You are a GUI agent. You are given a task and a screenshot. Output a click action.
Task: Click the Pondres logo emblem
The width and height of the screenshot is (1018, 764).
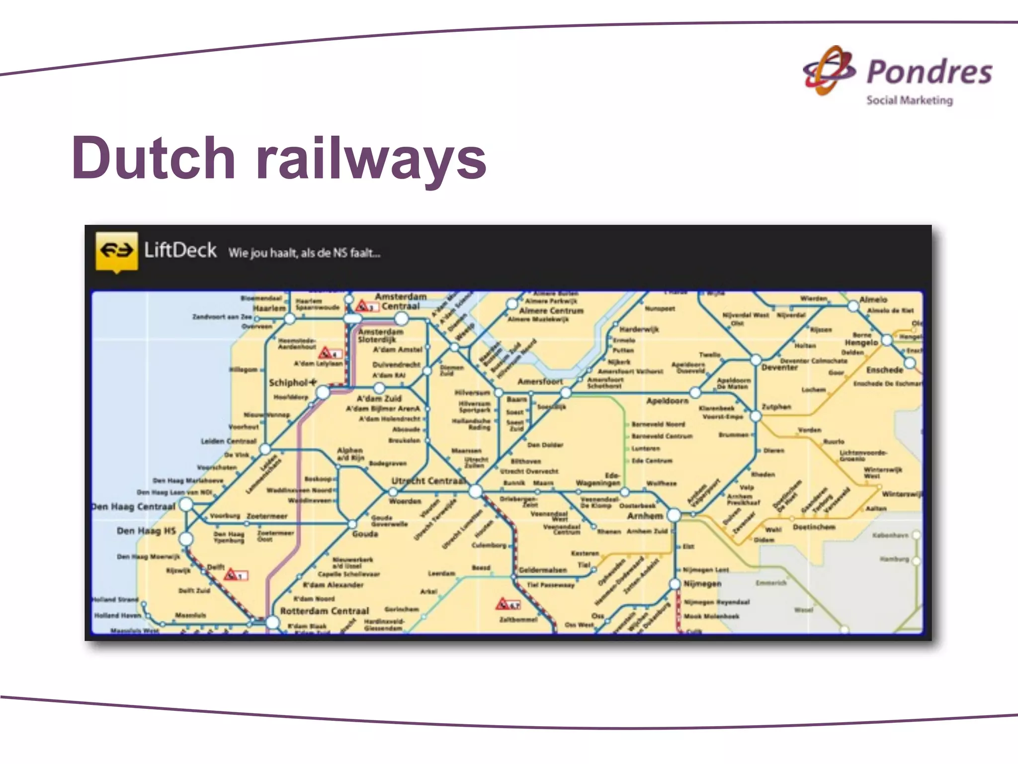pos(829,71)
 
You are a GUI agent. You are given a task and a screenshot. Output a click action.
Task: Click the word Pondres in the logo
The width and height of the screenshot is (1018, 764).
pos(930,72)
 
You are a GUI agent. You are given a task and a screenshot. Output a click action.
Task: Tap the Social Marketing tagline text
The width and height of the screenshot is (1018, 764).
pos(910,100)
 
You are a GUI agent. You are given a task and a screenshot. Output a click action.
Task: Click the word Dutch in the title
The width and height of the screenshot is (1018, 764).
pos(154,158)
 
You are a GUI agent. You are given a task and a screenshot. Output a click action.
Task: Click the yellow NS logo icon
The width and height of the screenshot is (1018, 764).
pos(116,251)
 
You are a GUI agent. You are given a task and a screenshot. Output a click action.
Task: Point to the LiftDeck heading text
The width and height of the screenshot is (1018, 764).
pos(180,250)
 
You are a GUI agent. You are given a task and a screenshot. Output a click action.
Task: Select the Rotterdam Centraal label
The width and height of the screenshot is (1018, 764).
pos(325,611)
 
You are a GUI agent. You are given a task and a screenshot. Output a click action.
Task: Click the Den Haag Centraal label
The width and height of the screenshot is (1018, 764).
pos(134,507)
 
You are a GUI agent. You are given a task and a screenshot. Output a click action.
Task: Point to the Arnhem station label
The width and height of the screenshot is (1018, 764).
pos(645,516)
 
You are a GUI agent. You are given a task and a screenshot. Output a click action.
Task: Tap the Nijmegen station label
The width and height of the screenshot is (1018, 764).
pos(702,583)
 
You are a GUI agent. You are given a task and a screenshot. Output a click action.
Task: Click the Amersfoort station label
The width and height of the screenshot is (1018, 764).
pos(540,382)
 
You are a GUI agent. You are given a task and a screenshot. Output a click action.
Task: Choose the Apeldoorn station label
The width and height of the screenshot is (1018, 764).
pos(667,401)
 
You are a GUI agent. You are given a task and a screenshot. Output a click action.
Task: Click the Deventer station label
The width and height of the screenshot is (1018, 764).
pos(779,368)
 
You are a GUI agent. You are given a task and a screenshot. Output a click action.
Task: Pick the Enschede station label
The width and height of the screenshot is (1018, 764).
pos(884,370)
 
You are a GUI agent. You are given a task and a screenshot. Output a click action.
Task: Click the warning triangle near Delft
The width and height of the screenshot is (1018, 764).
pos(231,574)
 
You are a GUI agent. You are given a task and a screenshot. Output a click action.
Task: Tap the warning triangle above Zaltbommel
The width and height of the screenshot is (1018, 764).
pos(503,604)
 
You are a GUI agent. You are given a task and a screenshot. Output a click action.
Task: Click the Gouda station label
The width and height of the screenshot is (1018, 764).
pos(365,534)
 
